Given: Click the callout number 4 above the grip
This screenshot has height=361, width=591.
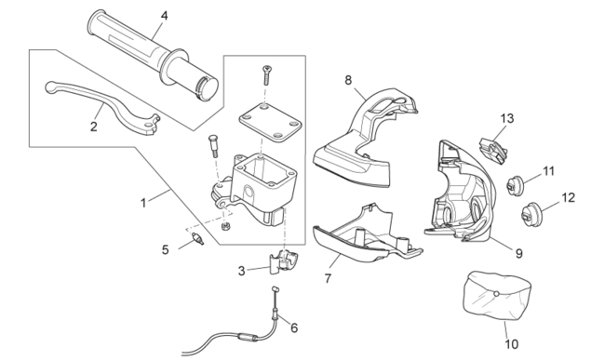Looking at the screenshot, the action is click(164, 16).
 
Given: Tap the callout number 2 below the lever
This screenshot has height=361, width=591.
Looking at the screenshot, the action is click(93, 127).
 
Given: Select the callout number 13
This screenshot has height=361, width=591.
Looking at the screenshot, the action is click(507, 118).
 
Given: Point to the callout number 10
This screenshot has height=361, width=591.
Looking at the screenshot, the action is click(512, 343).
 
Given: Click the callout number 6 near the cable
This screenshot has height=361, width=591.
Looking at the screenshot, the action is click(294, 328).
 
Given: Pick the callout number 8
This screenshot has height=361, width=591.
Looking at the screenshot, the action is click(348, 80).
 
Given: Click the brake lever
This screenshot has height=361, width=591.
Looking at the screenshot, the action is click(102, 107).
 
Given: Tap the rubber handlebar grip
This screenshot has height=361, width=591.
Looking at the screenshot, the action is click(153, 56).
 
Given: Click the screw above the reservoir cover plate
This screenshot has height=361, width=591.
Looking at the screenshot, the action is click(267, 74).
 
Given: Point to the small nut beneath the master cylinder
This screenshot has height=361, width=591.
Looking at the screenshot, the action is click(225, 226).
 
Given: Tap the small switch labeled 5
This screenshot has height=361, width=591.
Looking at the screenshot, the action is click(197, 238).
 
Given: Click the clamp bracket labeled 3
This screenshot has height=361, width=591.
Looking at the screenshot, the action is click(284, 261).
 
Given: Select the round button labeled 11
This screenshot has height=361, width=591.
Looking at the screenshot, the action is click(514, 186).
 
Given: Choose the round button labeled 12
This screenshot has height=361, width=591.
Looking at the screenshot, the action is click(531, 215).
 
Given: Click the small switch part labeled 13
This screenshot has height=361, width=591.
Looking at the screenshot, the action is click(493, 151).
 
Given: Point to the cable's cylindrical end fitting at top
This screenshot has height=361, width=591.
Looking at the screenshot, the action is click(275, 289).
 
